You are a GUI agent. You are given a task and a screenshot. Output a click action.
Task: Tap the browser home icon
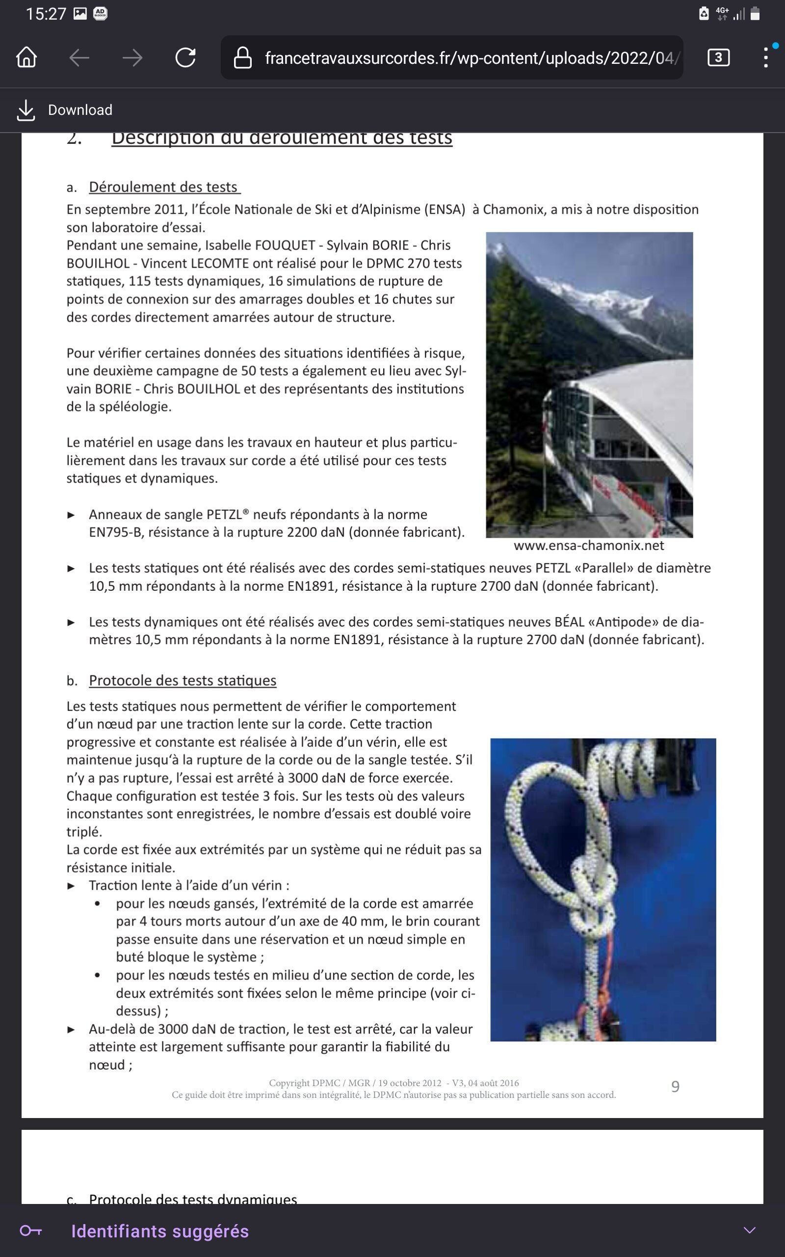[26, 57]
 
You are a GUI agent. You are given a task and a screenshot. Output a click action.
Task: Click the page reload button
[185, 57]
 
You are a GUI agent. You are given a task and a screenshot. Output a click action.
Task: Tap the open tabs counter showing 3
[718, 57]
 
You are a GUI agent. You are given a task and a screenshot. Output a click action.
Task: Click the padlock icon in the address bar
[242, 57]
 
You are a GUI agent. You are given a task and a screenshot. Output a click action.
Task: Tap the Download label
[80, 110]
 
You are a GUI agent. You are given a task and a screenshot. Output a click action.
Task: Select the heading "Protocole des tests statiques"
[182, 681]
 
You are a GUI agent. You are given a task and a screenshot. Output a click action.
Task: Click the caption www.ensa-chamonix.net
[589, 546]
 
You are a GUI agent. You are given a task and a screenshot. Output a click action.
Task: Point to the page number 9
[675, 1087]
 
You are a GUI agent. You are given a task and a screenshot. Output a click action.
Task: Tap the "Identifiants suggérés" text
[160, 1231]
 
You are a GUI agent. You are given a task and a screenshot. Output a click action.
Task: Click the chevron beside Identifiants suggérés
[749, 1230]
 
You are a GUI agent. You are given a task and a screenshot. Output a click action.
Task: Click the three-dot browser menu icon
[766, 57]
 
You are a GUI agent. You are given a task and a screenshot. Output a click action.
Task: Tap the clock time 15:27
[46, 14]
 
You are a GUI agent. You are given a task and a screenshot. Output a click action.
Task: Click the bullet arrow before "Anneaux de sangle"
[71, 515]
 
